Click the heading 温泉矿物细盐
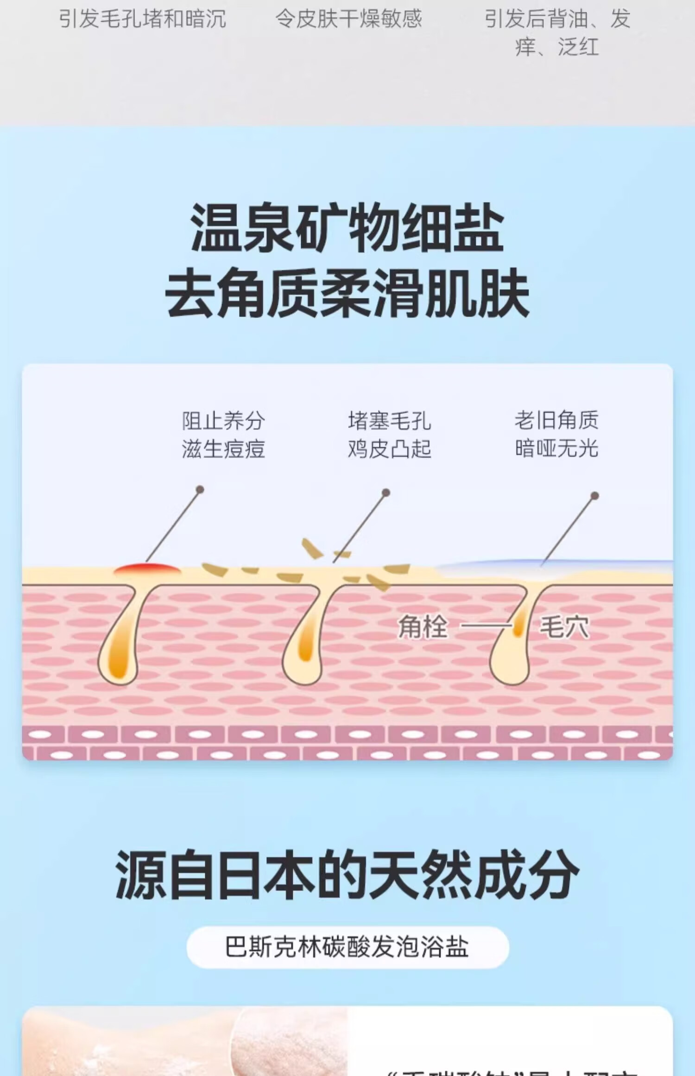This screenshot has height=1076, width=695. (347, 228)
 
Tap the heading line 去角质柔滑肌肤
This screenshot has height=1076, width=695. (347, 293)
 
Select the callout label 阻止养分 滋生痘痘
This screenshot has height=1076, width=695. (223, 435)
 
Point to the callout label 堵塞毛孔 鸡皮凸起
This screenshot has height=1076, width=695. (389, 435)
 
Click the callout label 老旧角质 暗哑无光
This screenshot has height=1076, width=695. (556, 434)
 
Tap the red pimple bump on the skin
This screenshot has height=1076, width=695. (147, 569)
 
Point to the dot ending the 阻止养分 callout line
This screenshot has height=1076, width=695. (200, 489)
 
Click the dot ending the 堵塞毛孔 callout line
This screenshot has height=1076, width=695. (385, 493)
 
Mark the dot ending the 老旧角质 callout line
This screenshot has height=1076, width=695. (595, 496)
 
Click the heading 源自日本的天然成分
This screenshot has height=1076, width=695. (347, 875)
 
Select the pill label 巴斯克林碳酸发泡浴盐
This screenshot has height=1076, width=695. (347, 947)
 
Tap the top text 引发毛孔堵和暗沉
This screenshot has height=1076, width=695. (143, 19)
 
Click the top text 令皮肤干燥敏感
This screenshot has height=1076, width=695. (348, 19)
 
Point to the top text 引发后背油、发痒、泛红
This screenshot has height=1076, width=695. (557, 32)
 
